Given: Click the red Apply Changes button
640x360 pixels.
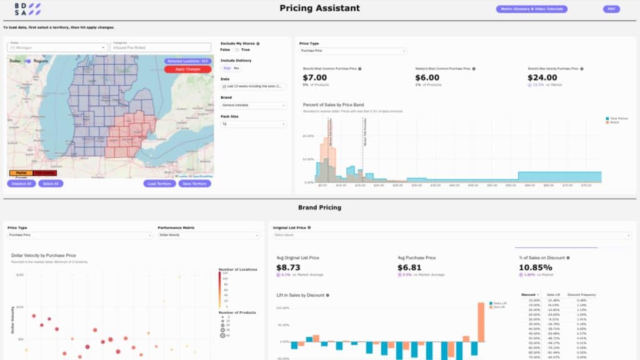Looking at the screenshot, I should pyautogui.click(x=187, y=69).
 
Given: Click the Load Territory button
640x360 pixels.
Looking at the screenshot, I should pyautogui.click(x=159, y=184).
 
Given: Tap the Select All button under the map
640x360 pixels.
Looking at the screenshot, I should pyautogui.click(x=50, y=184).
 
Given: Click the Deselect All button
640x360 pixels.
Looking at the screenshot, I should pyautogui.click(x=21, y=184).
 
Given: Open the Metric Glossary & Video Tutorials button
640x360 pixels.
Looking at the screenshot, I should pyautogui.click(x=532, y=9).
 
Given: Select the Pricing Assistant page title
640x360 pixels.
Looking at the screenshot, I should pyautogui.click(x=319, y=9).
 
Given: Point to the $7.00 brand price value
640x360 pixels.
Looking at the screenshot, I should pyautogui.click(x=316, y=78).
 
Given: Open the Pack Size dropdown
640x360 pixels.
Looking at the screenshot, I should pyautogui.click(x=254, y=124).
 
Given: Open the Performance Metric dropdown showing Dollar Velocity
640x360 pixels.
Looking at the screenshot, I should pyautogui.click(x=209, y=236).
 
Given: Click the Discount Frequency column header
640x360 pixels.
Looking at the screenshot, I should pyautogui.click(x=582, y=294).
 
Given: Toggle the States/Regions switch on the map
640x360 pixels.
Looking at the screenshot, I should pyautogui.click(x=27, y=61).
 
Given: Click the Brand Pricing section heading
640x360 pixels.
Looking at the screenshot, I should pyautogui.click(x=319, y=207).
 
